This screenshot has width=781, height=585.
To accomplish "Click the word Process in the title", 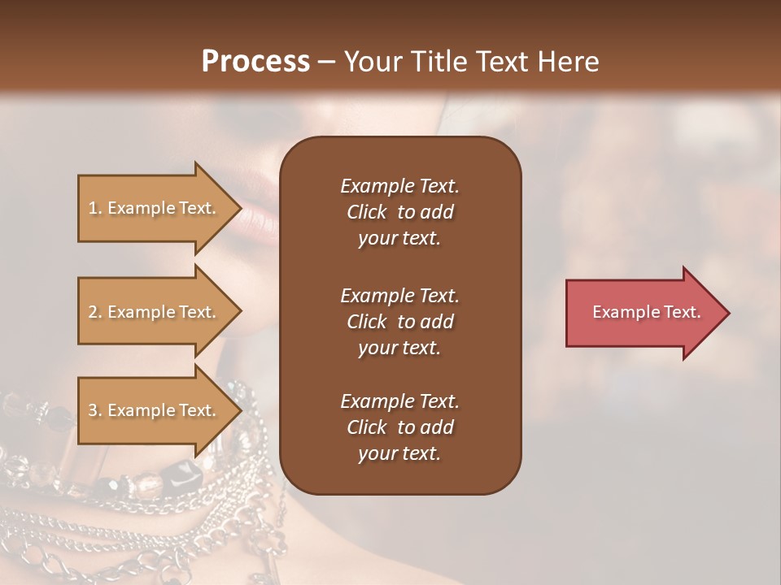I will (x=255, y=61).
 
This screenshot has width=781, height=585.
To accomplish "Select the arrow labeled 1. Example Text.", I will (x=155, y=208).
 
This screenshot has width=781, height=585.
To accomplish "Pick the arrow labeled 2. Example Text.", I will (x=155, y=312).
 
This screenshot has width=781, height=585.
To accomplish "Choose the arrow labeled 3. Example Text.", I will (x=155, y=410).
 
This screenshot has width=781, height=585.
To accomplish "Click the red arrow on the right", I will (x=643, y=313).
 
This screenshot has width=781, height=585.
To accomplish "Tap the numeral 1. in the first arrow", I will (x=95, y=208).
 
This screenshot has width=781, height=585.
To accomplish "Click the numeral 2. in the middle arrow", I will (x=95, y=312).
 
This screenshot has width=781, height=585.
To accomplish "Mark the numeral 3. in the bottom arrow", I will (x=95, y=410).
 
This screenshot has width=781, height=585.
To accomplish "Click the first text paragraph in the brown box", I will (x=399, y=212).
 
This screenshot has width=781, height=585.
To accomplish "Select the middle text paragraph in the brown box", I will (x=399, y=322).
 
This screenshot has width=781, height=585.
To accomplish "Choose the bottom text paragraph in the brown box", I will (x=399, y=427).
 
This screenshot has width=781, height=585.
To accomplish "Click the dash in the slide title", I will (x=327, y=62).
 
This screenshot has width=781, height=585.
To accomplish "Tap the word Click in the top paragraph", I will (x=367, y=212).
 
